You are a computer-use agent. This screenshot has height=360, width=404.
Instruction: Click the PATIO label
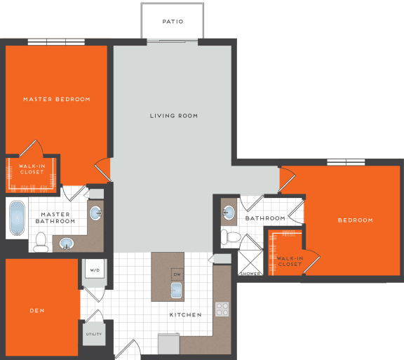173,22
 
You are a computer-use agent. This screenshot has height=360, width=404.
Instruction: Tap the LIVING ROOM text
173,116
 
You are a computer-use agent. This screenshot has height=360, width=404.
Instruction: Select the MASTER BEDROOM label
56,100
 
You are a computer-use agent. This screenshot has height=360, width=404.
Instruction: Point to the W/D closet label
94,269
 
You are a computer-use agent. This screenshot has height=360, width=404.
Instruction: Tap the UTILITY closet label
94,333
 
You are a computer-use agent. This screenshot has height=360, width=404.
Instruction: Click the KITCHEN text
185,315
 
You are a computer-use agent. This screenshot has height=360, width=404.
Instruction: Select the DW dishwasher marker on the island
176,274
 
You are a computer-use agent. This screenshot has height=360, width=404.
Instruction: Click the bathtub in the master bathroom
17,218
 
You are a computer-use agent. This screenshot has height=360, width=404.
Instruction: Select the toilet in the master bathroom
41,243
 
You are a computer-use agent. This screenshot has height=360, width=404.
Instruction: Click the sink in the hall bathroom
229,211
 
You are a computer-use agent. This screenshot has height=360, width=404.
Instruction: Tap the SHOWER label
249,273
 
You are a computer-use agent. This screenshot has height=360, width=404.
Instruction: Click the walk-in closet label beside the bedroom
289,261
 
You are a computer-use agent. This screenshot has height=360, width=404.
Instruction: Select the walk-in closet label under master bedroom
32,169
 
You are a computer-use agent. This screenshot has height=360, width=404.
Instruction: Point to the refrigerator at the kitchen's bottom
168,344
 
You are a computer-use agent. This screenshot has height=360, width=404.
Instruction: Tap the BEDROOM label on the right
355,220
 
